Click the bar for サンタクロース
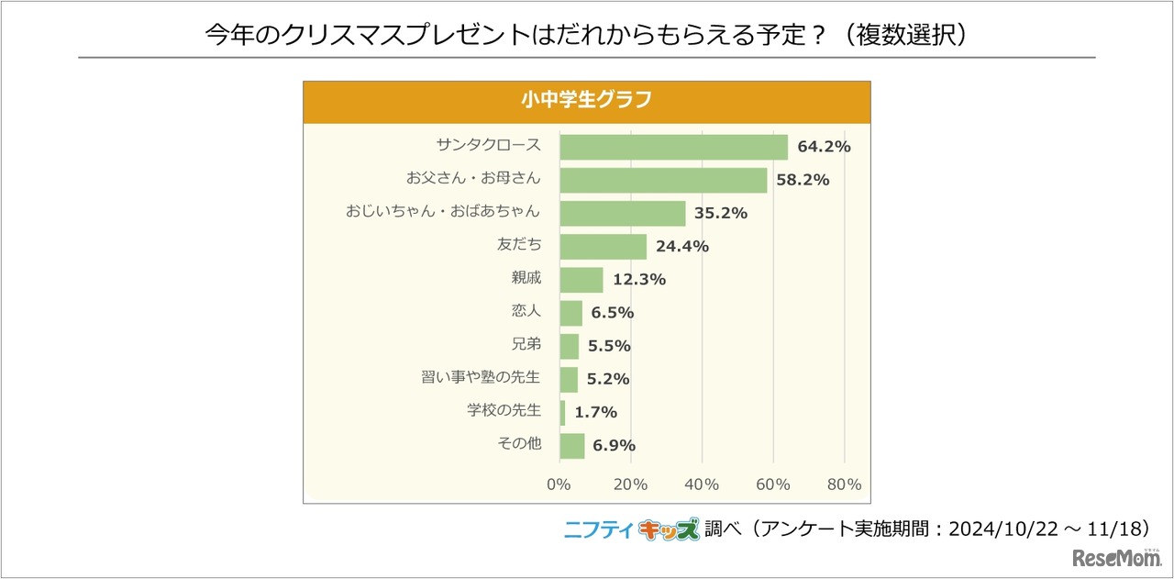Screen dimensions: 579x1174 tap(673, 147)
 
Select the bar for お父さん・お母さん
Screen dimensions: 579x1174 tap(663, 180)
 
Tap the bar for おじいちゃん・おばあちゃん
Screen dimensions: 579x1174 tap(623, 213)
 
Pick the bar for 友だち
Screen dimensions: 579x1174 tap(603, 246)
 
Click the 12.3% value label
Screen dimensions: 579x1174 tap(639, 280)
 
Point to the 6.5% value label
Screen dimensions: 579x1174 tap(612, 313)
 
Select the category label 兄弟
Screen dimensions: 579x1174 tap(526, 344)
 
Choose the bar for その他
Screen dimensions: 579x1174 tap(571, 445)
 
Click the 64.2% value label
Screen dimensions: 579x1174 tap(824, 147)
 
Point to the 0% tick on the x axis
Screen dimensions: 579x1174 tap(559, 484)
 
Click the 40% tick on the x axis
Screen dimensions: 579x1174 tap(702, 484)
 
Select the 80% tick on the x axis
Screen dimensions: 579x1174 tap(844, 484)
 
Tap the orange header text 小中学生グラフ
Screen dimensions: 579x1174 tap(586, 100)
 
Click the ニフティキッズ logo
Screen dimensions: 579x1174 tap(631, 529)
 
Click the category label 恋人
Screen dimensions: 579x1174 tap(526, 311)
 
